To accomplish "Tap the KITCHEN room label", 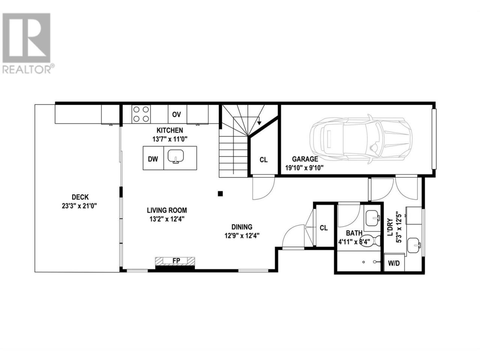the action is point(170,130).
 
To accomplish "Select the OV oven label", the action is point(177,114).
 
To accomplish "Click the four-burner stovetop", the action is point(141,114).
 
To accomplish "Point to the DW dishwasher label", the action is point(153,159).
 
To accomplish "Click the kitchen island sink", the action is point(175,156).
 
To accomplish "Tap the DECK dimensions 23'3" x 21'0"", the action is point(79,206).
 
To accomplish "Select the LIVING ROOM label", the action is point(167,210).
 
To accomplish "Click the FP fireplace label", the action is point(176,261).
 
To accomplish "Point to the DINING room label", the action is point(242,227).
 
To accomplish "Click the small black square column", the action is point(220,193).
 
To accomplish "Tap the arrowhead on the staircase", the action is point(259,123).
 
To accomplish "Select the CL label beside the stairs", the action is point(264,160).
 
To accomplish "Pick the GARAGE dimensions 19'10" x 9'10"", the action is point(304,168).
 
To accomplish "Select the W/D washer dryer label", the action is point(394,263).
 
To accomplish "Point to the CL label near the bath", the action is point(324,228).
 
